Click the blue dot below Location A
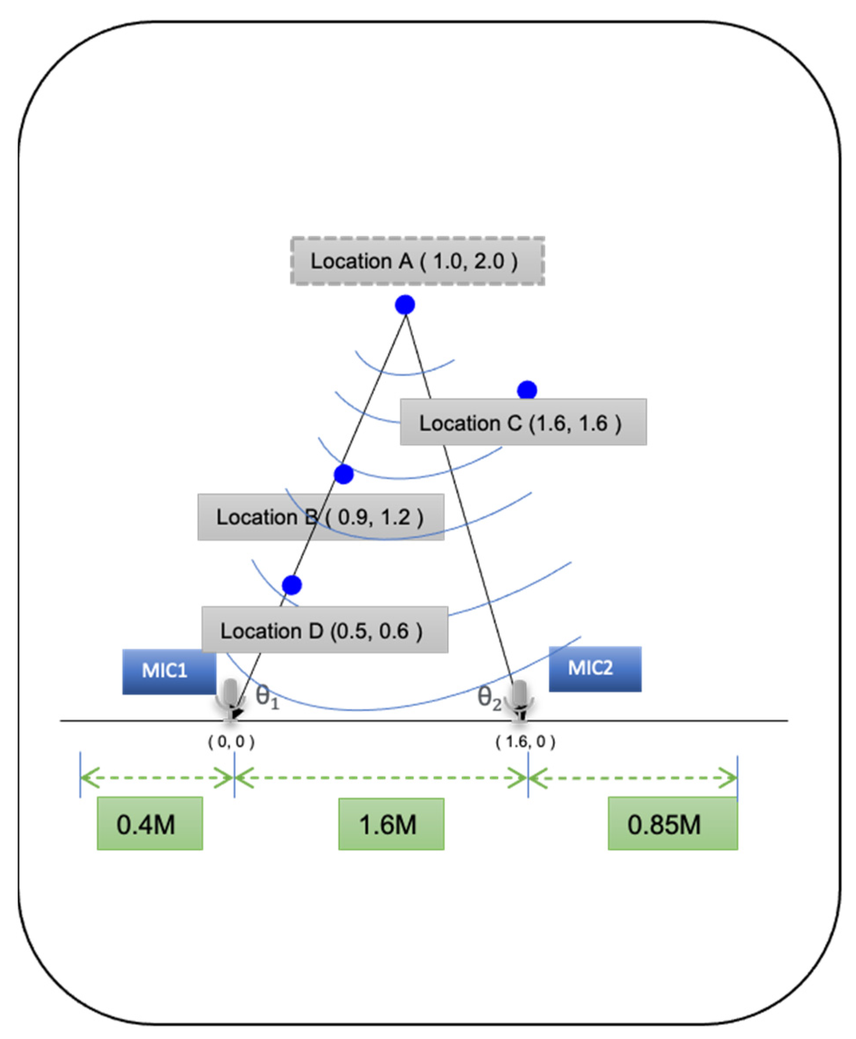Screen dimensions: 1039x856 click(x=405, y=305)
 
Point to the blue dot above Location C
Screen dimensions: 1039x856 click(x=527, y=390)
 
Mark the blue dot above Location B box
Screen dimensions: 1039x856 click(x=344, y=474)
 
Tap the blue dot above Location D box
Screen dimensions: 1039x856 click(x=292, y=585)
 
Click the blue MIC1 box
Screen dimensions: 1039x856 click(x=169, y=671)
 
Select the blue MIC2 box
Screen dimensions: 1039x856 click(x=595, y=669)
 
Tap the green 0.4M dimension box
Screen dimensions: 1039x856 click(x=150, y=824)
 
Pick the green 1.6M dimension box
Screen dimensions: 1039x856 click(x=391, y=824)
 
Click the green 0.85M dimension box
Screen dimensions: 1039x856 click(x=672, y=824)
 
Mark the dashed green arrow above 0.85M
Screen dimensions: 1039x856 click(x=633, y=778)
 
